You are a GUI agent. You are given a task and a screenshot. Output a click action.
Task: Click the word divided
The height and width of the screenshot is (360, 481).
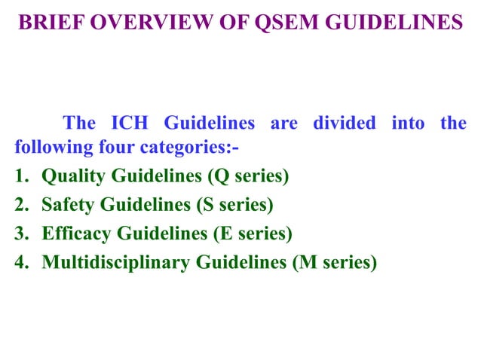point(344,123)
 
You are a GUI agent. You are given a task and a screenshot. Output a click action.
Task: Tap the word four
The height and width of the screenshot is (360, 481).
point(118,145)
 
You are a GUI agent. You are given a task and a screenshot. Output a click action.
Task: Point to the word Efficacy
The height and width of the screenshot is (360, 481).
point(75,233)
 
